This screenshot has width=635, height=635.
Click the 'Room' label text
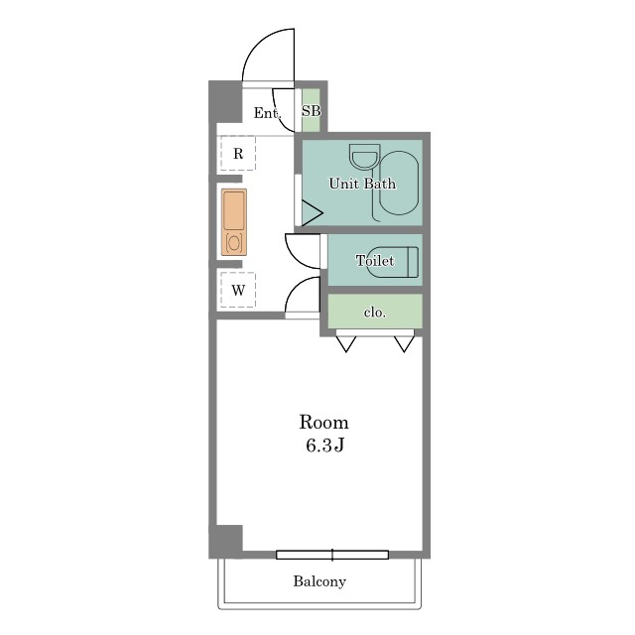pos(323,423)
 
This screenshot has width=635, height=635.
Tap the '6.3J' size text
pos(324,445)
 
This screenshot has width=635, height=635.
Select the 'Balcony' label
pos(319,581)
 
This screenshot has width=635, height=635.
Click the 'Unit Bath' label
pos(362,184)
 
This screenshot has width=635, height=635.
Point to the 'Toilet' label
pos(375,260)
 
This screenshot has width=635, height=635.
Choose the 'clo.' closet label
pos(375,313)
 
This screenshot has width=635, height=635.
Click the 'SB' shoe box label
pos(311,110)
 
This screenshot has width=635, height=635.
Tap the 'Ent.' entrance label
pos(267,113)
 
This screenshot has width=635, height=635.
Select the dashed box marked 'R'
pos(238,153)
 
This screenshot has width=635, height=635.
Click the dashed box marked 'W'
pos(238,290)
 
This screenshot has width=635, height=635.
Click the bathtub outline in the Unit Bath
pos(399,183)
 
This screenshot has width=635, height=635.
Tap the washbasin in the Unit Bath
pos(365,157)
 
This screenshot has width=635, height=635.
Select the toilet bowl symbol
pos(393,262)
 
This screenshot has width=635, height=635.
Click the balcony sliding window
pos(332,555)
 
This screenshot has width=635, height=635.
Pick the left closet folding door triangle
pos(346,344)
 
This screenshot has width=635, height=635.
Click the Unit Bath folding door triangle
pos(311,213)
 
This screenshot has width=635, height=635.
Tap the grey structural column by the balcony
pos(226,541)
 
